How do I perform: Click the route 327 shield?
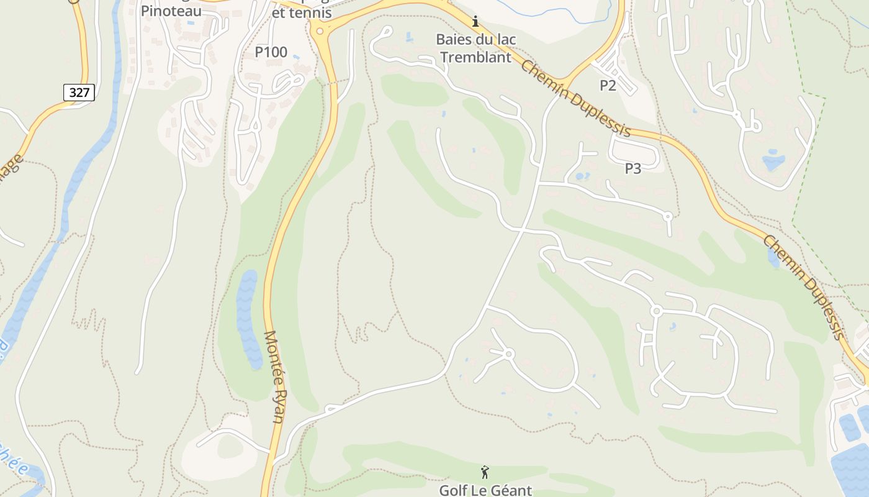(x=79, y=93)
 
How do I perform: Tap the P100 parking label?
(x=271, y=52)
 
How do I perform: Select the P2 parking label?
(x=608, y=86)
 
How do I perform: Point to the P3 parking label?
(x=633, y=168)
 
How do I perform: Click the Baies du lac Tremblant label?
(x=475, y=48)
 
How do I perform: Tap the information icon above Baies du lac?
(x=475, y=22)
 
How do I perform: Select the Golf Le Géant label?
(x=485, y=490)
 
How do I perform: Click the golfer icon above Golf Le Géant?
(x=485, y=472)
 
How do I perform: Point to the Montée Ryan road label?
(x=274, y=376)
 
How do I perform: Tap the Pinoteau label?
(x=171, y=11)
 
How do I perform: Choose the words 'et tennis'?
(x=302, y=12)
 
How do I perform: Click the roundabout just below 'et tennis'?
(x=320, y=31)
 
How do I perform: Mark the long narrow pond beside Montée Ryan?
(x=248, y=320)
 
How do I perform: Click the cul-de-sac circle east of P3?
(x=668, y=217)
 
